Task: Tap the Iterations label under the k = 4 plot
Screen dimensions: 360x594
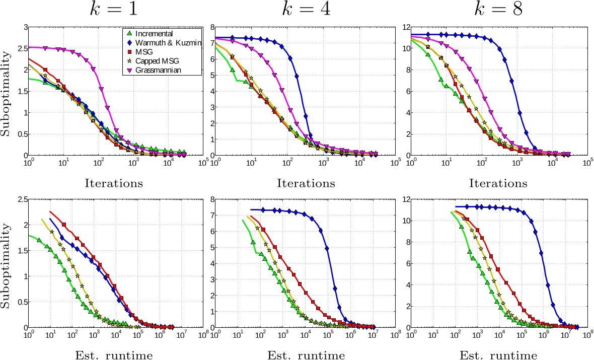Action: [x=306, y=183]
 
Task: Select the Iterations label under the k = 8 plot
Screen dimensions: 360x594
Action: [x=495, y=183]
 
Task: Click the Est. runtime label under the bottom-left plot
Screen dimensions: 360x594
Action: [x=116, y=355]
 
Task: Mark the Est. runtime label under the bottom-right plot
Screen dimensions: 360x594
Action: [x=495, y=355]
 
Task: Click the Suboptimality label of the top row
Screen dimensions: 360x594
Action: [x=7, y=92]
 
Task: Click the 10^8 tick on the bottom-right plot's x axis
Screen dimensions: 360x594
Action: [x=587, y=334]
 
